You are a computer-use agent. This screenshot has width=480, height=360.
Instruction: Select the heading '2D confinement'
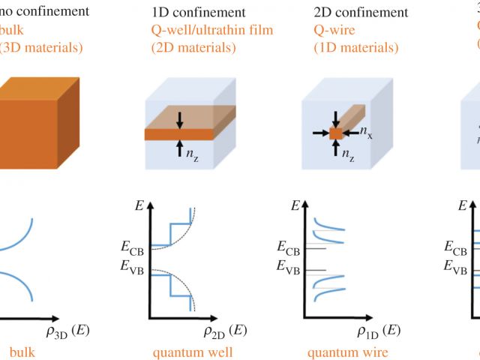tap(360, 12)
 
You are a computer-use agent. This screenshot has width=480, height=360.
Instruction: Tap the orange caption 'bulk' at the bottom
tap(22, 352)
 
